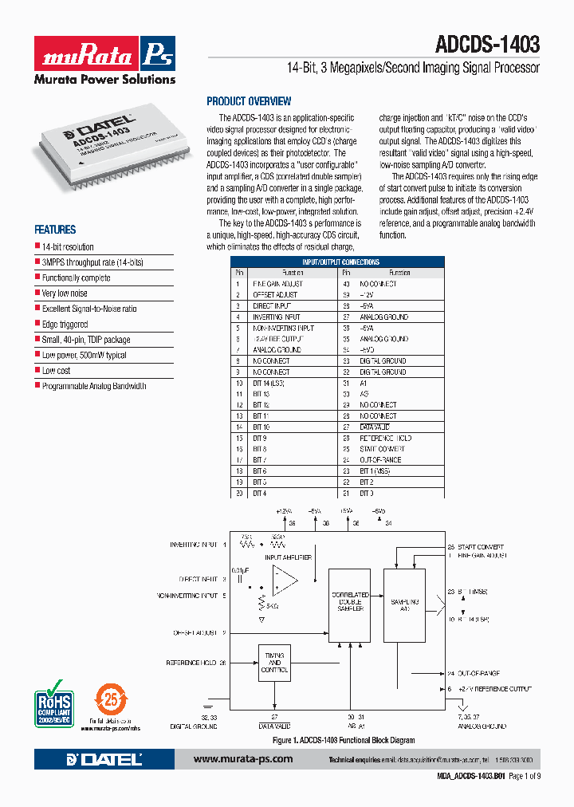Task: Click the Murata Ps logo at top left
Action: click(x=104, y=54)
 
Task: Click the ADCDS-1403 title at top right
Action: click(x=488, y=45)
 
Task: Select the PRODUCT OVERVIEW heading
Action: click(x=249, y=101)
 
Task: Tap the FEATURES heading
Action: click(x=55, y=229)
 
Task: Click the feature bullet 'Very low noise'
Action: click(x=65, y=293)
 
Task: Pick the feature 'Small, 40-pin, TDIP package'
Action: click(x=86, y=340)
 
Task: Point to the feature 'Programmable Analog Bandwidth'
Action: click(x=94, y=386)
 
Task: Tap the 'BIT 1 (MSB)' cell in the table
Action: click(x=379, y=471)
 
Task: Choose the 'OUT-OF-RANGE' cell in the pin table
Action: click(x=380, y=460)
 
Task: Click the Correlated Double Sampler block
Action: click(x=349, y=602)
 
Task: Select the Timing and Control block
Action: click(x=274, y=663)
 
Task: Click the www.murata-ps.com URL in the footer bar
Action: click(x=243, y=759)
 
